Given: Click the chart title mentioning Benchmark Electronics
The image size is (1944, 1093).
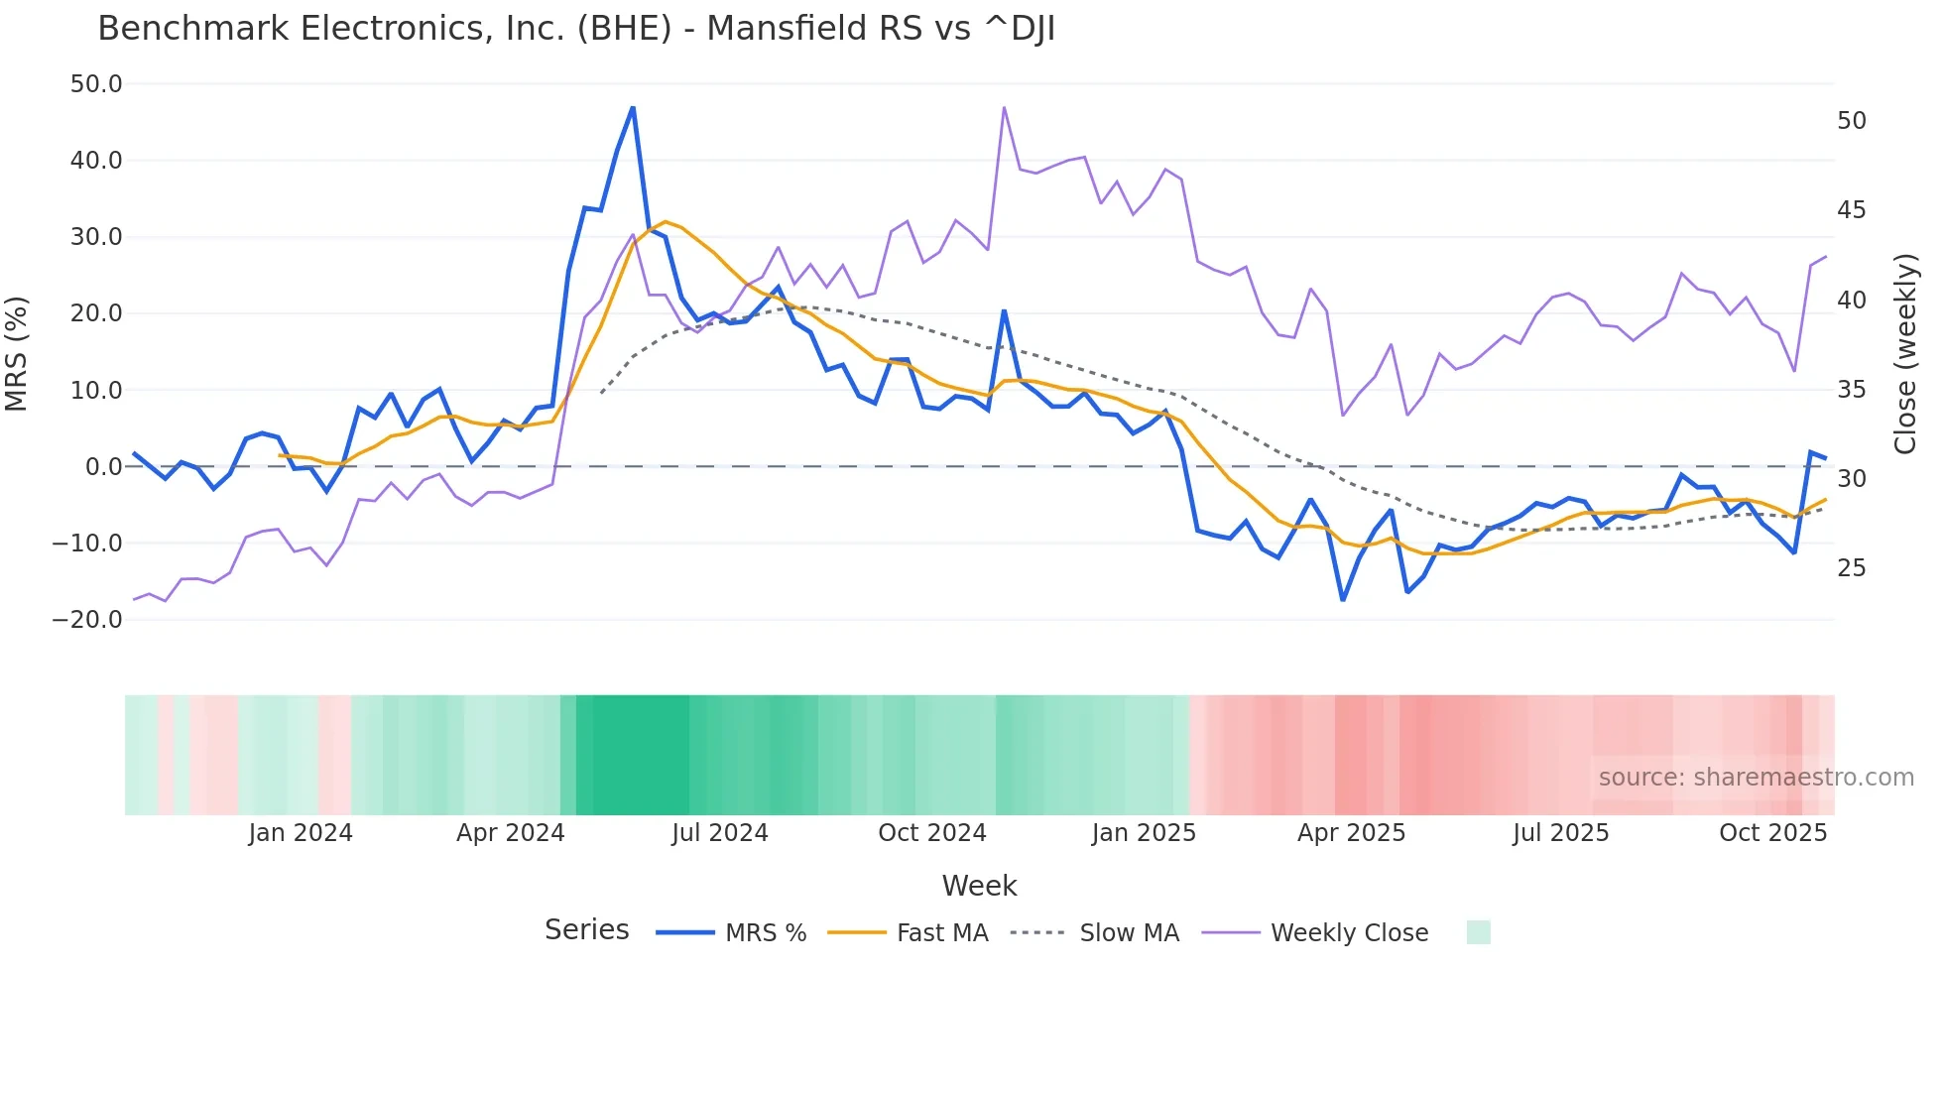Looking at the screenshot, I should click(x=575, y=29).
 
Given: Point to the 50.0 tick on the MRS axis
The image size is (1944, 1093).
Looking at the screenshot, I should click(x=96, y=84).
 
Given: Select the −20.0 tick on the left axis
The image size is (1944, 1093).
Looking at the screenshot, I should click(x=87, y=620).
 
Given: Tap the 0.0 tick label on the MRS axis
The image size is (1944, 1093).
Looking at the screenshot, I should click(x=104, y=467).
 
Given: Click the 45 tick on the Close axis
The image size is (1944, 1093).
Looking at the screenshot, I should click(x=1852, y=210).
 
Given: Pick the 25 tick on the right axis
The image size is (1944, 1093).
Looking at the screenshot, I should click(x=1852, y=568).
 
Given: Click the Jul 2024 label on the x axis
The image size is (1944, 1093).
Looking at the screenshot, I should click(x=720, y=833).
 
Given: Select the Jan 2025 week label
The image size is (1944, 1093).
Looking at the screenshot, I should click(x=1144, y=833).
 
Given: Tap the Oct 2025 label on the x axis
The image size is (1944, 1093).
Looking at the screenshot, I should click(x=1772, y=833).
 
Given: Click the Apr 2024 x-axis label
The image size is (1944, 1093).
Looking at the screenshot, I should click(x=510, y=833).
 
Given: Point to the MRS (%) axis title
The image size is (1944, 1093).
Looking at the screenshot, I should click(x=16, y=353).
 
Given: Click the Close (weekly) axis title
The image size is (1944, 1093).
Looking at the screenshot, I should click(x=1905, y=353).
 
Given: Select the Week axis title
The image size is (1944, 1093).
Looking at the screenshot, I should click(x=979, y=886).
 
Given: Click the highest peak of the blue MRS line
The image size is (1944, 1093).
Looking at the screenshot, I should click(x=633, y=107).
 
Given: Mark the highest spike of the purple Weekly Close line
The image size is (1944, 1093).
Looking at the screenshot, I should click(x=1004, y=107).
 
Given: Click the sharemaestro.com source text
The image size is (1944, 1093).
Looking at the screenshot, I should click(x=1756, y=778).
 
